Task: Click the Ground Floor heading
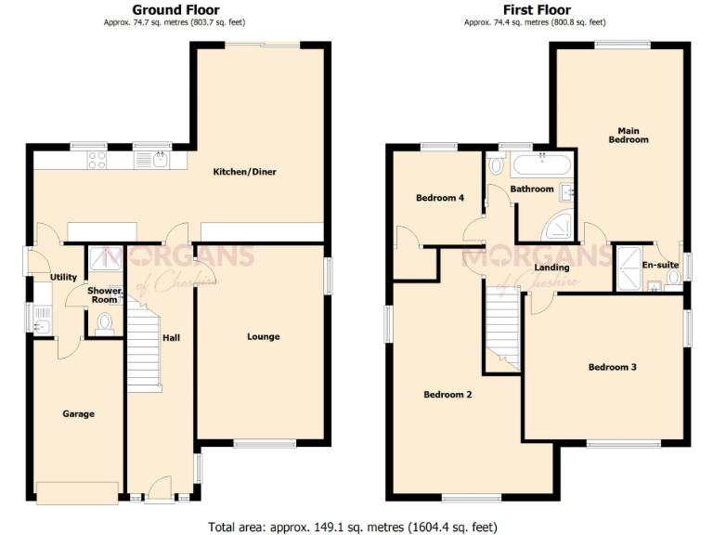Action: pyautogui.click(x=176, y=9)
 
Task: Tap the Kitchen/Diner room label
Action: pyautogui.click(x=245, y=172)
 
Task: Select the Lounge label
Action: pyautogui.click(x=264, y=336)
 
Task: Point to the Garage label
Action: pyautogui.click(x=78, y=413)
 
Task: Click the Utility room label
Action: pyautogui.click(x=63, y=277)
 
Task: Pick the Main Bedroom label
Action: pyautogui.click(x=629, y=135)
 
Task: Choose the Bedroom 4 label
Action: pyautogui.click(x=439, y=198)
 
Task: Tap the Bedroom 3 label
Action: pyautogui.click(x=612, y=367)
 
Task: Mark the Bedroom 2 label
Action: pyautogui.click(x=447, y=395)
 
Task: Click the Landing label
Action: pyautogui.click(x=551, y=268)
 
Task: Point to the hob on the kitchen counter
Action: pyautogui.click(x=97, y=161)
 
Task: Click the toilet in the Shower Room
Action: pyautogui.click(x=104, y=321)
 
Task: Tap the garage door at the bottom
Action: pyautogui.click(x=78, y=492)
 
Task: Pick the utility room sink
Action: pyautogui.click(x=41, y=325)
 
